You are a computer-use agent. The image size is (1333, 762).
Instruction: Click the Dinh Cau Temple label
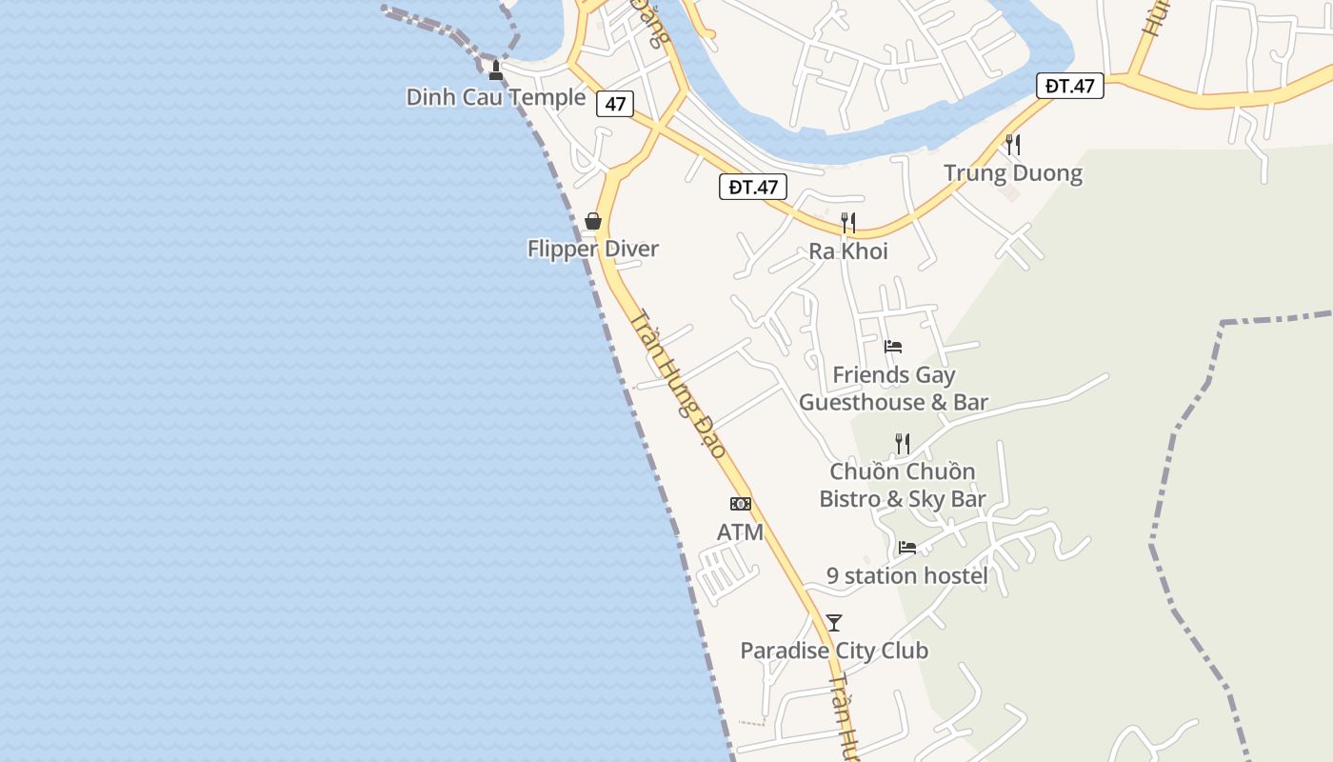point(495,97)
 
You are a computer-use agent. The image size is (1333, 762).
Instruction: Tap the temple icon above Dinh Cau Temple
point(495,70)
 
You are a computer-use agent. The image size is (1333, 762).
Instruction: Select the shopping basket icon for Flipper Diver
point(593,222)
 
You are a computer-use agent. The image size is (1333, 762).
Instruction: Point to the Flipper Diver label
point(593,250)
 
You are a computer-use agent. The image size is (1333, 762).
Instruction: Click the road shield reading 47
point(615,103)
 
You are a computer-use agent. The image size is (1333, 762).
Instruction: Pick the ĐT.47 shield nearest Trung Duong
point(1069,86)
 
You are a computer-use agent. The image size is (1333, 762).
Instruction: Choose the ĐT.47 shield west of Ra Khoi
point(752,187)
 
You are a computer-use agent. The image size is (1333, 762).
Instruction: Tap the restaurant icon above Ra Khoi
point(848,223)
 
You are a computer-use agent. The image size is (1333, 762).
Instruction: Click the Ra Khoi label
point(848,251)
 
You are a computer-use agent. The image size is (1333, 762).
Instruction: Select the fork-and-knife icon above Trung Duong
point(1013,145)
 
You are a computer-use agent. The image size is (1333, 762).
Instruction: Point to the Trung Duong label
point(1013,173)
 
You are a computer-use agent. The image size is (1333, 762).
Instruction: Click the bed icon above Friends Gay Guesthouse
point(893,347)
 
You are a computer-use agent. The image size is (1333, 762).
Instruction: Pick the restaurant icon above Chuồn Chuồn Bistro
point(903,443)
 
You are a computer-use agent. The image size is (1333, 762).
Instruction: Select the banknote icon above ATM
point(741,504)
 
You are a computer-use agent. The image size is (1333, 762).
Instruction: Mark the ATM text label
point(740,532)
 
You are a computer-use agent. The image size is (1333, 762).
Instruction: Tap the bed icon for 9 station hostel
point(907,548)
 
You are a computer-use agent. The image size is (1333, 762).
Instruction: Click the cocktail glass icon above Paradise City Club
point(834,623)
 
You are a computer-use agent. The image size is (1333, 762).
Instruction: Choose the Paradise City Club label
point(834,652)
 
